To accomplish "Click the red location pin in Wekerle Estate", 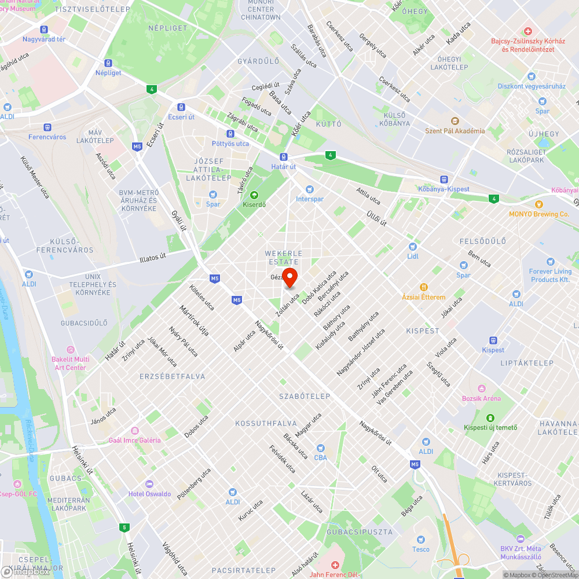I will click(x=289, y=277).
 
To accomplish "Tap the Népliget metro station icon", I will click(x=108, y=63).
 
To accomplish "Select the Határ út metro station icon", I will click(x=284, y=157).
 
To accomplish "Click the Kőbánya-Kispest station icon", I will click(x=444, y=179).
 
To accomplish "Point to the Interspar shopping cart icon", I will click(x=309, y=189).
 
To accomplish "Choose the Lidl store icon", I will click(x=412, y=247).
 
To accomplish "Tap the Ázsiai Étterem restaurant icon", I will click(x=424, y=287).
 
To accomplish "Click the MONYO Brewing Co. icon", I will click(x=538, y=204).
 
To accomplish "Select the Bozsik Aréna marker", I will click(x=481, y=389).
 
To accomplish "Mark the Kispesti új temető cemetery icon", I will click(x=490, y=418).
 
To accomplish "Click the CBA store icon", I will click(x=320, y=448).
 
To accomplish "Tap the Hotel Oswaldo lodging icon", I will click(x=149, y=484).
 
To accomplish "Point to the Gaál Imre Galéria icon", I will click(x=134, y=430).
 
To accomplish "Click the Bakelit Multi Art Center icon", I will click(x=70, y=350).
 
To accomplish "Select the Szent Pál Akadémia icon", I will click(x=455, y=121).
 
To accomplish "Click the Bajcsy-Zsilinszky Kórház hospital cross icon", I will click(x=527, y=31).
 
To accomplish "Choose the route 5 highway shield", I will click(x=124, y=527).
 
